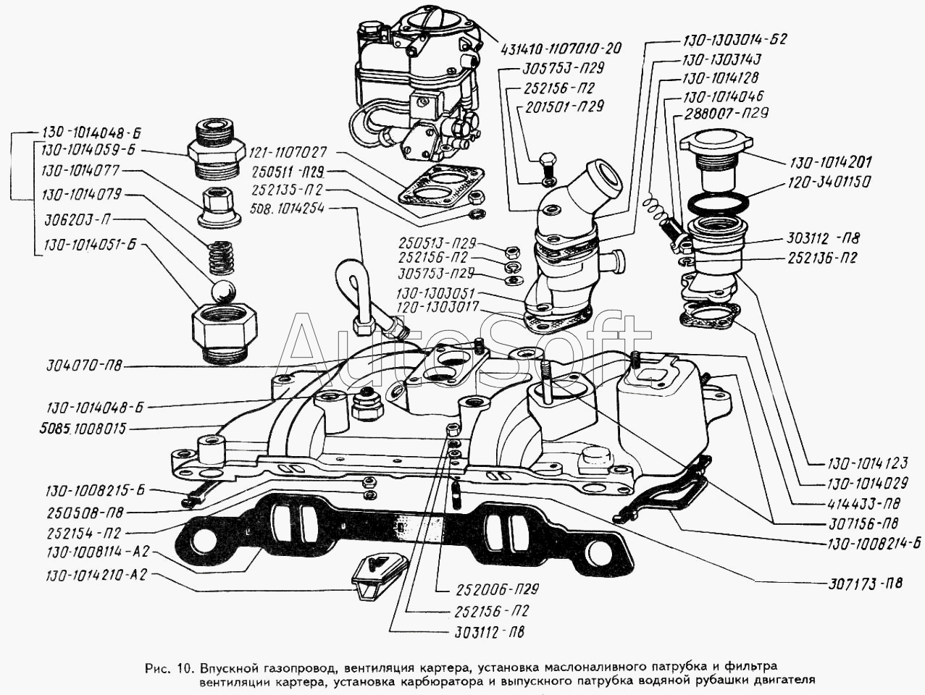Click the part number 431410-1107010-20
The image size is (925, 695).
click(x=561, y=49)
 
